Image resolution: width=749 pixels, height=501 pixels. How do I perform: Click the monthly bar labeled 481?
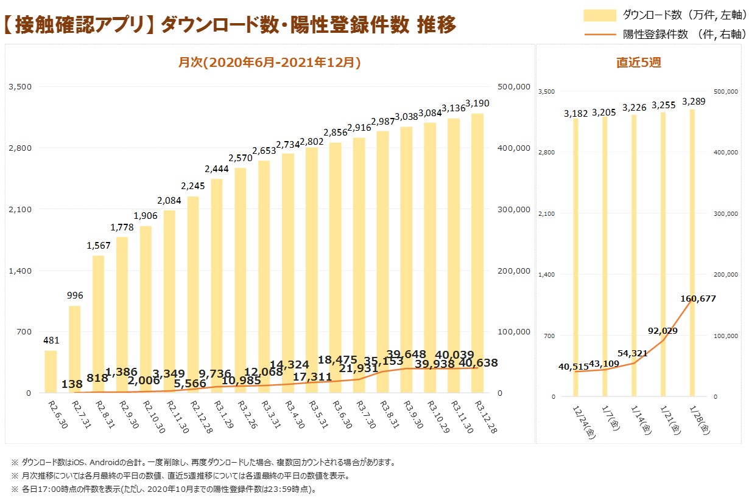[51, 371]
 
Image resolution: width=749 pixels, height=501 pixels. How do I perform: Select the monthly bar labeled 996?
[74, 349]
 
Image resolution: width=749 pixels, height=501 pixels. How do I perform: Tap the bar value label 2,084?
[169, 201]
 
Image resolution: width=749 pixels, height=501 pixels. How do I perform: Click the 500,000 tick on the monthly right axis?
[514, 87]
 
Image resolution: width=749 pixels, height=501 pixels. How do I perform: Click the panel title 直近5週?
[638, 62]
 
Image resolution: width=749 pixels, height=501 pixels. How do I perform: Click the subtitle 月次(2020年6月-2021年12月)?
[269, 62]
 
